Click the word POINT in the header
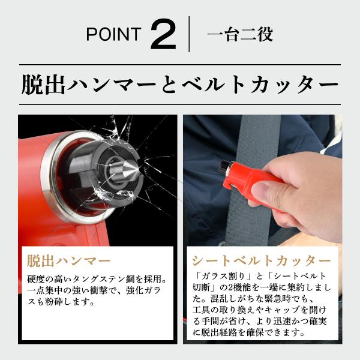113,34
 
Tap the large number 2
163,34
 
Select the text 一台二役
240,34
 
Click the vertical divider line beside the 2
189,34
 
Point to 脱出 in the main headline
43,84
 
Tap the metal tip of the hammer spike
135,170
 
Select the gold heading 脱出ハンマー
68,261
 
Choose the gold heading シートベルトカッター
261,261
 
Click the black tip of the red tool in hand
224,166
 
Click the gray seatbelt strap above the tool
258,138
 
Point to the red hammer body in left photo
32,184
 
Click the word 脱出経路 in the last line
218,332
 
